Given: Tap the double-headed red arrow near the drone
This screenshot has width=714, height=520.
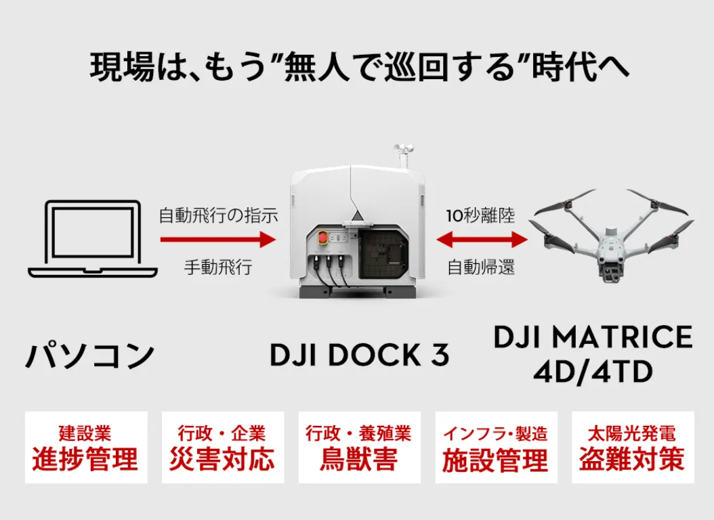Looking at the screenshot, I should click(482, 239).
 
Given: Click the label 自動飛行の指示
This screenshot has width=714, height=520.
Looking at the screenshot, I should click(218, 217).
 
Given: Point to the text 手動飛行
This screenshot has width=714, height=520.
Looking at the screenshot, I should click(218, 267).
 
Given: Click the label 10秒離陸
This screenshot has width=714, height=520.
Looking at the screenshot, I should click(480, 217).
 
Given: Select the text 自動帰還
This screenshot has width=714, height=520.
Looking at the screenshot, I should click(480, 267).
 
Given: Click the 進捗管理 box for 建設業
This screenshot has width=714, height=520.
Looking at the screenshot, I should click(85, 448).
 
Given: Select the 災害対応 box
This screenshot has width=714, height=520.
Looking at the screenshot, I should click(222, 448).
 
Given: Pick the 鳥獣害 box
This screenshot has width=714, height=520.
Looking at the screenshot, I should click(359, 448).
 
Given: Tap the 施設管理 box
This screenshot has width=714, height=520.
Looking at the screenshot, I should click(496, 448).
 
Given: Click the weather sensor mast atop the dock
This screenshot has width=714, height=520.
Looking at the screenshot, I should click(404, 156).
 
